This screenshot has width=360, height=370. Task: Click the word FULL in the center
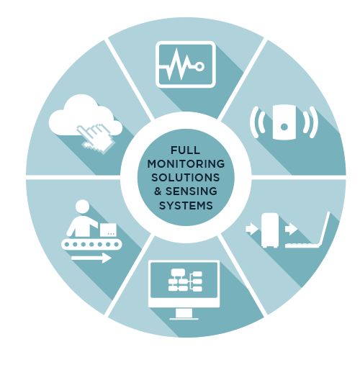point(185,150)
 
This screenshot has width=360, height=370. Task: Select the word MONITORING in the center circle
point(186,164)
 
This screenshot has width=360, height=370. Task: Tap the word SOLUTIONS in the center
point(186,178)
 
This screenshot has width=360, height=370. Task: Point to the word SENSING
point(192,191)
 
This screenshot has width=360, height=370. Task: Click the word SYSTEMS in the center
point(186,206)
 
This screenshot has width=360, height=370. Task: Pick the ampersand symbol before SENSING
point(158,191)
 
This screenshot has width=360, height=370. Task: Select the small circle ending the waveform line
point(199,67)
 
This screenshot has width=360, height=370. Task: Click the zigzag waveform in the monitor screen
point(178,64)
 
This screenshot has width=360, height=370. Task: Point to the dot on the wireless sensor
point(284,127)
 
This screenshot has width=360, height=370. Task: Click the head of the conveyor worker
point(82,207)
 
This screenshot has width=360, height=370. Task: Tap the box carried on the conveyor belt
point(108,230)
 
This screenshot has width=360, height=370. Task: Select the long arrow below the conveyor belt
point(91,258)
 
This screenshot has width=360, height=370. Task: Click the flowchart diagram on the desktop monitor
point(185,280)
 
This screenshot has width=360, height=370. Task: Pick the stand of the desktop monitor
point(184,314)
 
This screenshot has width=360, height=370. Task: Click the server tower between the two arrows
point(270,230)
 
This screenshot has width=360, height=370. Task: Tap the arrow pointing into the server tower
point(252,228)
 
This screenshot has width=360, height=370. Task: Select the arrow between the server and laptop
point(291,229)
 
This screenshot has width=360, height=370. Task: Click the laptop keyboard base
point(302,245)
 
